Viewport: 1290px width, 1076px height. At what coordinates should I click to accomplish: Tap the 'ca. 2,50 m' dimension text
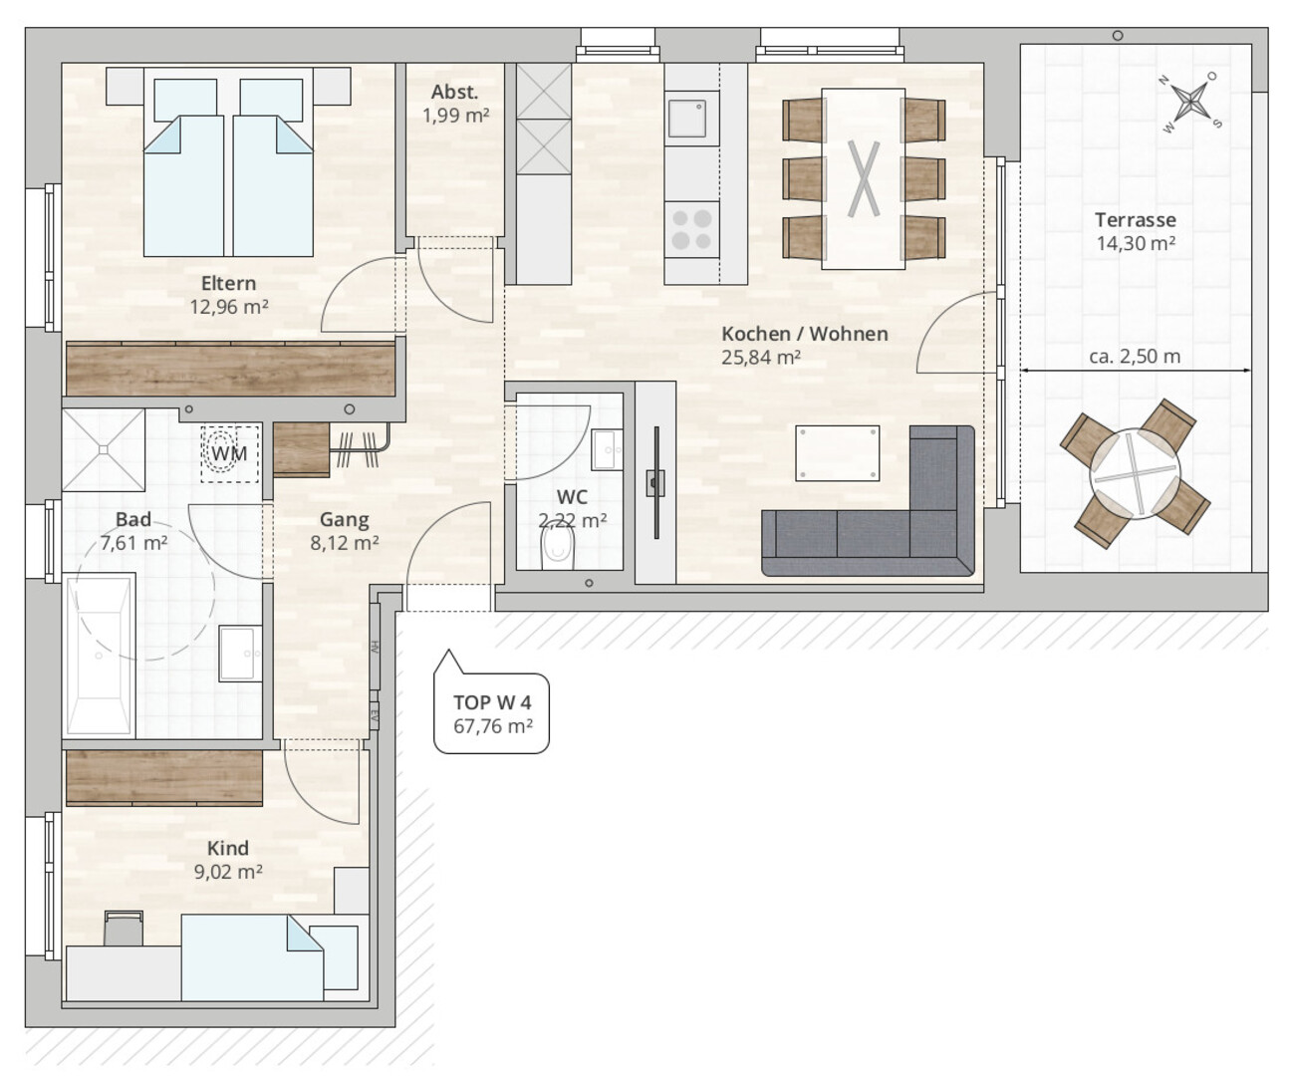point(1135,357)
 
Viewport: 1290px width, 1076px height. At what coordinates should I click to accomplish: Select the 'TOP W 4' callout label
point(492,702)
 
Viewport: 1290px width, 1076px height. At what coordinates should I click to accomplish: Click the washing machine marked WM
point(229,453)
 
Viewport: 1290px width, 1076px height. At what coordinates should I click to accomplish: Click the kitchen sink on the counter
point(687,119)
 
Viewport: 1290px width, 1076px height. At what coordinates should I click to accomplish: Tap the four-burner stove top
point(692,229)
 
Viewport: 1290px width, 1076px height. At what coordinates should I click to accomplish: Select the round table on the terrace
point(1135,474)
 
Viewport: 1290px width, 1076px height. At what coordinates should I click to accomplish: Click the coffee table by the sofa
point(837,452)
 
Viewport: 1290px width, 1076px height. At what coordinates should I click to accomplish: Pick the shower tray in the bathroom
point(104,450)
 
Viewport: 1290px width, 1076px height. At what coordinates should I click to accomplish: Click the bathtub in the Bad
point(100,656)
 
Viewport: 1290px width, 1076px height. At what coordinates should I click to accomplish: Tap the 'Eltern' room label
point(228,283)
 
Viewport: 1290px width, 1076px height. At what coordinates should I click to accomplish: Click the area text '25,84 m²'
point(761,358)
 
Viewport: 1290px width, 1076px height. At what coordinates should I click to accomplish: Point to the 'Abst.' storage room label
point(454,92)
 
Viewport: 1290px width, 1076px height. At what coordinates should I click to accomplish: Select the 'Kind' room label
point(228,848)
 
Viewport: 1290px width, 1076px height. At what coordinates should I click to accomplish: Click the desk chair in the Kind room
point(124,928)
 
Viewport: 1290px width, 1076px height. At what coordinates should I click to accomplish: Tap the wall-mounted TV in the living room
point(655,482)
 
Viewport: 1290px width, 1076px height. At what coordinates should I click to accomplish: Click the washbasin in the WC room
point(606,449)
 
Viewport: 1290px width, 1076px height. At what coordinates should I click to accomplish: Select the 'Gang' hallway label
point(344,520)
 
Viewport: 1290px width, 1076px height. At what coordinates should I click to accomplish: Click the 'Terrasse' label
point(1136,219)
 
